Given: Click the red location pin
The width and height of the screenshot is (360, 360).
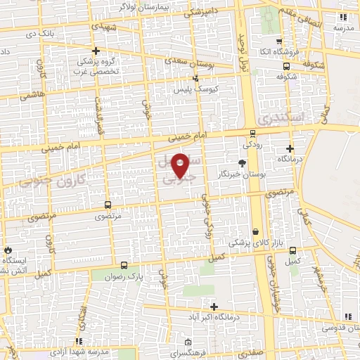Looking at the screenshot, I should [181, 165].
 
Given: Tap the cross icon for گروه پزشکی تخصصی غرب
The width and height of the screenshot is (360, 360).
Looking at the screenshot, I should [96, 51].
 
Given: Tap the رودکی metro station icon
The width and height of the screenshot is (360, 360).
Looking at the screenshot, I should [252, 134].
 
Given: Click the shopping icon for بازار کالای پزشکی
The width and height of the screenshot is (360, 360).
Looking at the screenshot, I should [255, 231].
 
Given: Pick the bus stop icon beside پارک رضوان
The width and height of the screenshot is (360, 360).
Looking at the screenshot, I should [124, 266].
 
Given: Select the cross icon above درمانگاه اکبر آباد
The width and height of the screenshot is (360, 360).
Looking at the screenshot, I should [214, 307].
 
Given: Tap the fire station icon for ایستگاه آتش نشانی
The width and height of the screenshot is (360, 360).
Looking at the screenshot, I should [8, 250].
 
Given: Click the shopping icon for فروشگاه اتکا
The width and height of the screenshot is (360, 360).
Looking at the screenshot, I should [280, 41].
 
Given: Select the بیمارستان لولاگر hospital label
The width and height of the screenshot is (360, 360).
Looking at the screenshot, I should [157, 6].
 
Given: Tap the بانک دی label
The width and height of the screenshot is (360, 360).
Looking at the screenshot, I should [39, 33].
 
